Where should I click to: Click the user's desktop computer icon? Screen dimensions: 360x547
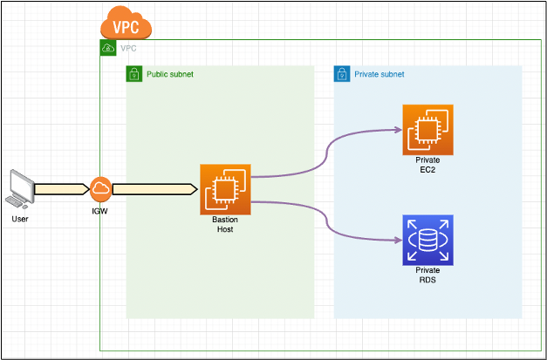point(20,188)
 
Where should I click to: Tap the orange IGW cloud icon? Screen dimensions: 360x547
point(100,188)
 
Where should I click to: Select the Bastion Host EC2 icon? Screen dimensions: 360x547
point(225,188)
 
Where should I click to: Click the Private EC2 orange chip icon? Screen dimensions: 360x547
point(427,129)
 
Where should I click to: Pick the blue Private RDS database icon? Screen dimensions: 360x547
point(427,240)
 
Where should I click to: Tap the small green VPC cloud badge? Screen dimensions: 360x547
point(107,47)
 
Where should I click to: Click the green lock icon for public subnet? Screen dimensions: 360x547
point(133,74)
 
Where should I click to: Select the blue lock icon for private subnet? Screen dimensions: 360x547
point(341,74)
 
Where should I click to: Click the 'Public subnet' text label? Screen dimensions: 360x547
point(169,75)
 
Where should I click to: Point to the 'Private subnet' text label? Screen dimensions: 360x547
point(379,75)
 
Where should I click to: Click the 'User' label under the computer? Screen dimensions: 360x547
point(20,219)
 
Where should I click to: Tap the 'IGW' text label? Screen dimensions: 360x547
point(100,211)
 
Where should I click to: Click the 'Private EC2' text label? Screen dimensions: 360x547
point(427,166)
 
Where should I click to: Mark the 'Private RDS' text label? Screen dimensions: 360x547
point(427,275)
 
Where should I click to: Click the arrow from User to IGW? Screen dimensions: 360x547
point(61,188)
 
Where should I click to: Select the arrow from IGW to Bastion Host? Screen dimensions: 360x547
point(154,188)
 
